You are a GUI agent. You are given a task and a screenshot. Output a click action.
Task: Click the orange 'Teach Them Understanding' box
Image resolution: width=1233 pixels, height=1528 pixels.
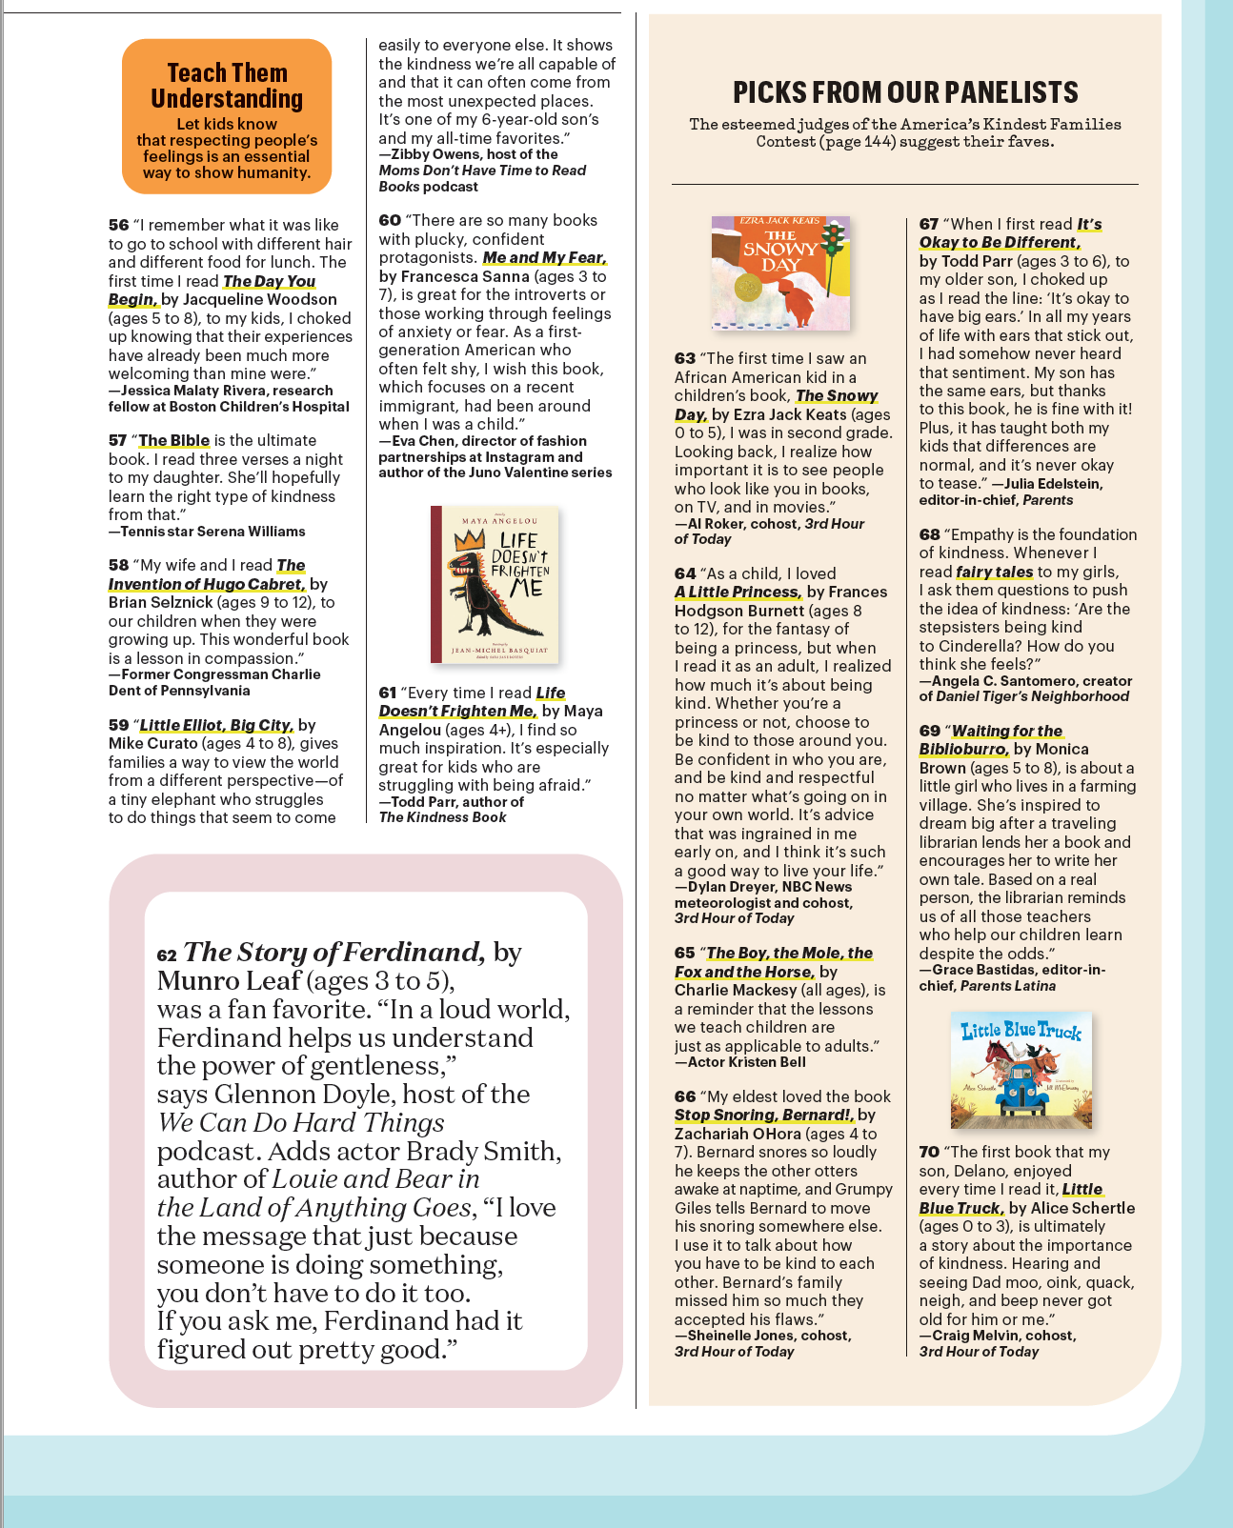tap(227, 116)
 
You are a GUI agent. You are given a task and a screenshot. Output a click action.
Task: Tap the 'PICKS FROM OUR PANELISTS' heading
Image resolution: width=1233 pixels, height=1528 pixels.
tap(905, 92)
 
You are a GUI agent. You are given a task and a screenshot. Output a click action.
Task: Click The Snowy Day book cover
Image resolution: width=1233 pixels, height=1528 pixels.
tap(780, 273)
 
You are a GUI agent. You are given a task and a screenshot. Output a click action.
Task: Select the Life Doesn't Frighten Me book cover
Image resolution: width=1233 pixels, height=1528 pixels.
tap(495, 584)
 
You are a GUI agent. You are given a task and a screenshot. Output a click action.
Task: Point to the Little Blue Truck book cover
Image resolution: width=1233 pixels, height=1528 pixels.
tap(1021, 1070)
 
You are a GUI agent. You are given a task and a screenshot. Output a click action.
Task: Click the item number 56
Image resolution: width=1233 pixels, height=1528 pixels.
tap(118, 226)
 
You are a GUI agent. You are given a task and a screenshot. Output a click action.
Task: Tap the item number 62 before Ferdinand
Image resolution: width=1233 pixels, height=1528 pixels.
tap(167, 955)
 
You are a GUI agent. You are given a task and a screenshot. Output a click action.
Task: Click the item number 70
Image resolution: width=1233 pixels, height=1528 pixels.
tap(929, 1153)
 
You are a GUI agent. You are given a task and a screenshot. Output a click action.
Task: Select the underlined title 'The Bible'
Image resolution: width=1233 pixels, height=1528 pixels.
tap(174, 441)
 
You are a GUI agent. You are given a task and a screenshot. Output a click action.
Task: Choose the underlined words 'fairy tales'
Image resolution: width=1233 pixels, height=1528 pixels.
tap(995, 573)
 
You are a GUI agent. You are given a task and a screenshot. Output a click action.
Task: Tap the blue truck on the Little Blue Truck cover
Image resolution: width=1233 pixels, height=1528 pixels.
tap(1024, 1096)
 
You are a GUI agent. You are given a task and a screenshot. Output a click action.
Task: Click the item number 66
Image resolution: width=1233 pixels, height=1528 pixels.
tap(684, 1097)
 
